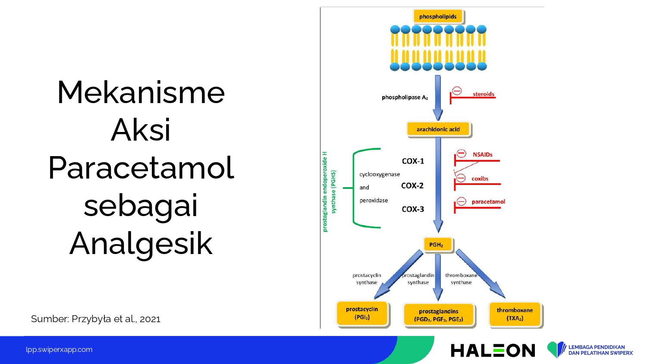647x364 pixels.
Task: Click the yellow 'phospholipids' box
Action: pyautogui.click(x=438, y=16)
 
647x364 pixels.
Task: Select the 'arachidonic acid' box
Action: pyautogui.click(x=439, y=129)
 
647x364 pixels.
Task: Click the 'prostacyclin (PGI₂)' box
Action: pyautogui.click(x=362, y=313)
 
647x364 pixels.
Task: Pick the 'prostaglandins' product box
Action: pyautogui.click(x=439, y=315)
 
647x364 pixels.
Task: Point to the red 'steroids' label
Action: pyautogui.click(x=483, y=94)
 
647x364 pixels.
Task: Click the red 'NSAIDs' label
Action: pyautogui.click(x=482, y=154)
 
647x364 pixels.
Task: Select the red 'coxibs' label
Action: pyautogui.click(x=480, y=179)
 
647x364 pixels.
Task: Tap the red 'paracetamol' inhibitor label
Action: pyautogui.click(x=488, y=202)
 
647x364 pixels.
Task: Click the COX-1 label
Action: pyautogui.click(x=413, y=161)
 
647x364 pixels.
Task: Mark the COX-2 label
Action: pyautogui.click(x=412, y=185)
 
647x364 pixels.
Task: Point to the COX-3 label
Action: pyautogui.click(x=413, y=209)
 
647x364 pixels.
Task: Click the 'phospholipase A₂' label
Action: pyautogui.click(x=405, y=97)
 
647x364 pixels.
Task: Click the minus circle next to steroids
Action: pyautogui.click(x=457, y=91)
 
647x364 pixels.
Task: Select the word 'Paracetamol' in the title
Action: pyautogui.click(x=141, y=168)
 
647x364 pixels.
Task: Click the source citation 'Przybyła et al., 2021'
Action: pyautogui.click(x=116, y=319)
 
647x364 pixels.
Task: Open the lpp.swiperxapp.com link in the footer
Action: pyautogui.click(x=59, y=350)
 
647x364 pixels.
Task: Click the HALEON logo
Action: pyautogui.click(x=493, y=350)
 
